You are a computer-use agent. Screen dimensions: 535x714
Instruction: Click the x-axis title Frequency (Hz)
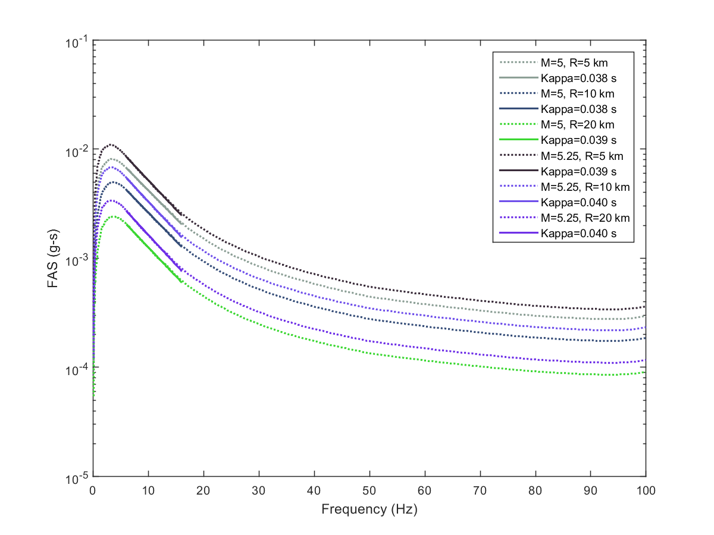tap(369, 509)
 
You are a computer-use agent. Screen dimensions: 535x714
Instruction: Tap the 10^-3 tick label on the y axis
tap(76, 260)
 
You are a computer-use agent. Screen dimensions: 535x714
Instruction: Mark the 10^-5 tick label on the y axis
tap(76, 477)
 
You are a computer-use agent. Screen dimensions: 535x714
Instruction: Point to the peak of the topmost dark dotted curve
tap(110, 144)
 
